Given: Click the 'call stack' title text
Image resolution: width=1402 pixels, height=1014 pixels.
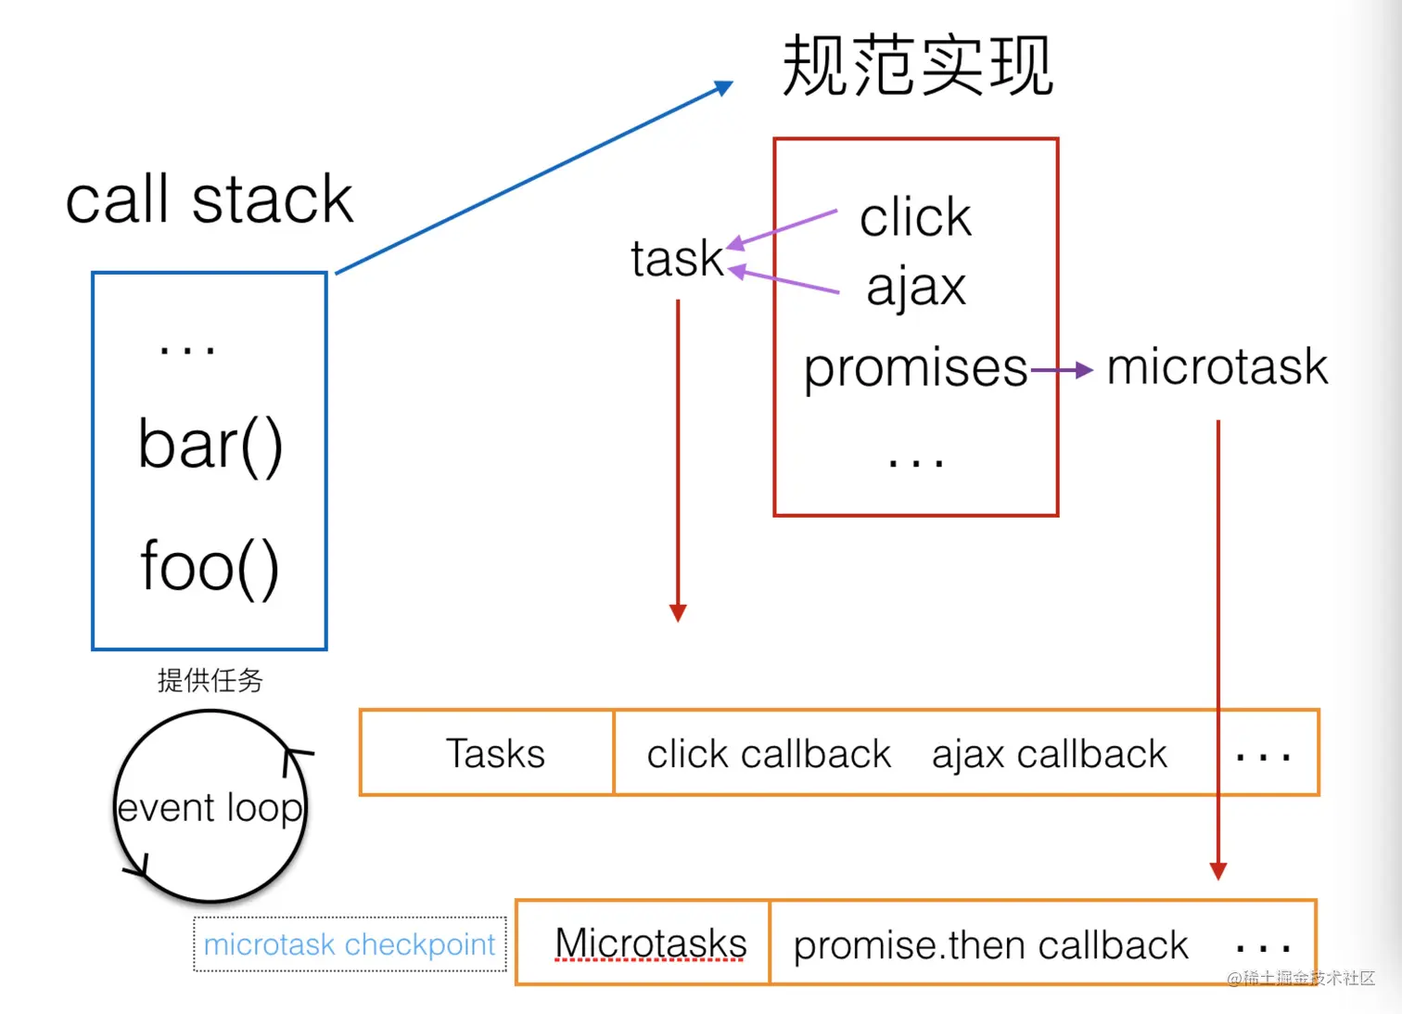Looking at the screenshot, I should pos(210,199).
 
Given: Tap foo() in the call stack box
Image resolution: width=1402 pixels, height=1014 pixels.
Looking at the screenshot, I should pos(210,566).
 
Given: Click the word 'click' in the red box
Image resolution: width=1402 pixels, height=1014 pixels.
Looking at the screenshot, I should pos(915,218).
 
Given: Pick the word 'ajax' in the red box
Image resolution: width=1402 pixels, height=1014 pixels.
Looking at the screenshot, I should pos(916,287).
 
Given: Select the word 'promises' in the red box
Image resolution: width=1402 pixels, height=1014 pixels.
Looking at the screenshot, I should pos(915,368).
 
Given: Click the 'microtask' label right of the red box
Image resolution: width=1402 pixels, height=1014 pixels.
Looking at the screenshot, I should pos(1217,366).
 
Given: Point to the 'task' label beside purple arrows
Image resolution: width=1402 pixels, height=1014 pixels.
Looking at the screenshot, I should pos(676,259).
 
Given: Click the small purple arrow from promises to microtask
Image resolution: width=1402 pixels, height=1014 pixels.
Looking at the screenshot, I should pos(1063,371).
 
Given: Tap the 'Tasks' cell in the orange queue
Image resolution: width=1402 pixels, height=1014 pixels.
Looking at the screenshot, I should pos(495,753).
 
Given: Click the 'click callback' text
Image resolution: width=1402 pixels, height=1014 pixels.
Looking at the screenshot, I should pos(769,754).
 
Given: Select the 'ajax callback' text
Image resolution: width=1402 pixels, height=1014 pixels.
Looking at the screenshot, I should pos(1049,754).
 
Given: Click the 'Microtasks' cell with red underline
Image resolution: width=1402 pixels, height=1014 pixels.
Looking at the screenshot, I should pos(650,944).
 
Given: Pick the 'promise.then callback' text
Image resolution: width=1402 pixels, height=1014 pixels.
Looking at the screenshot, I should pos(990,945).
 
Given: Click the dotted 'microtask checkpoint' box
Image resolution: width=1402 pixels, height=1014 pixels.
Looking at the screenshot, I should pos(350,944).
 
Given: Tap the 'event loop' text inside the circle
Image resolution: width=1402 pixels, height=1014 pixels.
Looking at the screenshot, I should pos(210,808).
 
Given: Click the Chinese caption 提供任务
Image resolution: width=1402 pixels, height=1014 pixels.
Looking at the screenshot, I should pos(210,680).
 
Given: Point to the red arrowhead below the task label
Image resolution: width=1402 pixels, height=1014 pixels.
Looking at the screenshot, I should pos(678,612).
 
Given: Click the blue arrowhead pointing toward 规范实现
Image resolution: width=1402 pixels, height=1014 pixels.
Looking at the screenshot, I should pos(723,88).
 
